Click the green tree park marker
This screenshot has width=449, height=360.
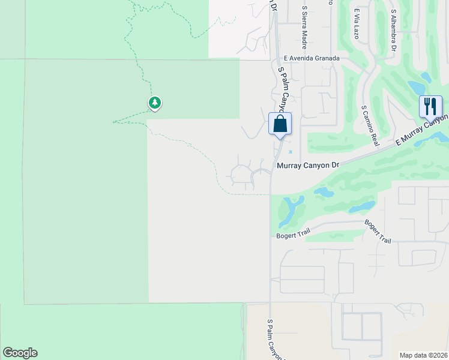point(155,103)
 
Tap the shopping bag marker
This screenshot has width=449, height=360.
point(280,124)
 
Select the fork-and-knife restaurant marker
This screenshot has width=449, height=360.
point(430,107)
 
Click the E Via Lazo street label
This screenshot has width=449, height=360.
point(356,24)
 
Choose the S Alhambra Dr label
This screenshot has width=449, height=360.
point(393,30)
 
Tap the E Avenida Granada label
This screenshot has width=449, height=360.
point(312,58)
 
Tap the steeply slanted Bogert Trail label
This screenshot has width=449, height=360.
point(378,232)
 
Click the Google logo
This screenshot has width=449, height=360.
point(20,353)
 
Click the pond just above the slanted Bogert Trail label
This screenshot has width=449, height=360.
point(362,206)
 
